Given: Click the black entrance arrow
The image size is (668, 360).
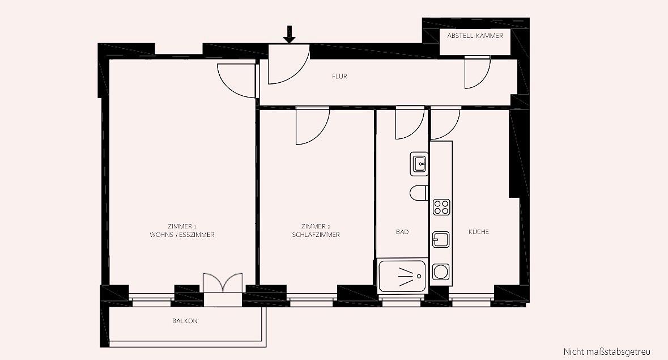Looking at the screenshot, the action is [x=290, y=35].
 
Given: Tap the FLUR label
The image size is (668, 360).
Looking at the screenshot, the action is [x=339, y=77].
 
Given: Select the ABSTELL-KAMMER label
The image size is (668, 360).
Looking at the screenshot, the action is [x=475, y=36].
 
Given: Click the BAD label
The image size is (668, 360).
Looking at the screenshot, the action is [x=402, y=232].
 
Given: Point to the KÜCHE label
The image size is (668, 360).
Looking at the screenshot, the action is [x=479, y=232].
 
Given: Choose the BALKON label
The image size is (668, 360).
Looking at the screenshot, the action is [x=185, y=321].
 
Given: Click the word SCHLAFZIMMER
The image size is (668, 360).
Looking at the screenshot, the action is [x=316, y=235].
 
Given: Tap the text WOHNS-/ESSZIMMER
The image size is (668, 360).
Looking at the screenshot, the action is [x=182, y=235].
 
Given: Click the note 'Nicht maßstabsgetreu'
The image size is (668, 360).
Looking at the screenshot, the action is [x=607, y=352].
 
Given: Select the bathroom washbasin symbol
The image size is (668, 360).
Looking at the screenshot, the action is [x=419, y=164].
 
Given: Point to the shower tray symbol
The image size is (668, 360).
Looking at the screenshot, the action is [x=402, y=276].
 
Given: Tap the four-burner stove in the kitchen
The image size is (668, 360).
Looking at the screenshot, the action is [x=441, y=207].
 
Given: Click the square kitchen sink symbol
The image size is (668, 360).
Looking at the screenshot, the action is [x=441, y=239].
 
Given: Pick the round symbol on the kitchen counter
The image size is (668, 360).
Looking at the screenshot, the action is [x=441, y=272].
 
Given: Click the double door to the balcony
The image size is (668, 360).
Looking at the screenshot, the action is [x=223, y=283].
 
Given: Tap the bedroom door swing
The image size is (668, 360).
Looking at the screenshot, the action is [x=313, y=126].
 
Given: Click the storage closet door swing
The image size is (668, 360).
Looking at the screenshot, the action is [x=477, y=73].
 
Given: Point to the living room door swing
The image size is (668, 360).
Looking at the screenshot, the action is [x=237, y=81].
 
